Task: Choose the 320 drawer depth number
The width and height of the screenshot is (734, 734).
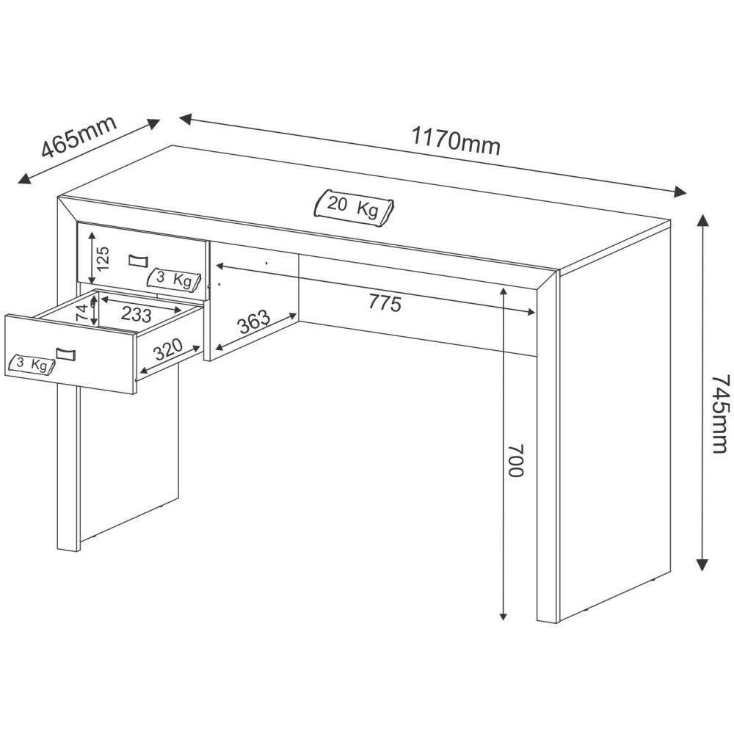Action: coord(168,356)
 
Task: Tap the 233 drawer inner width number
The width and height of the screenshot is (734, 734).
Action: coord(136,314)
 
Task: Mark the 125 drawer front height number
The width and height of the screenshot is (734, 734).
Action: coord(103,258)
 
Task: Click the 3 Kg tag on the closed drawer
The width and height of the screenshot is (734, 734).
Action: coord(173,279)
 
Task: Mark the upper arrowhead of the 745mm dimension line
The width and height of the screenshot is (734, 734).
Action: coord(702,218)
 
